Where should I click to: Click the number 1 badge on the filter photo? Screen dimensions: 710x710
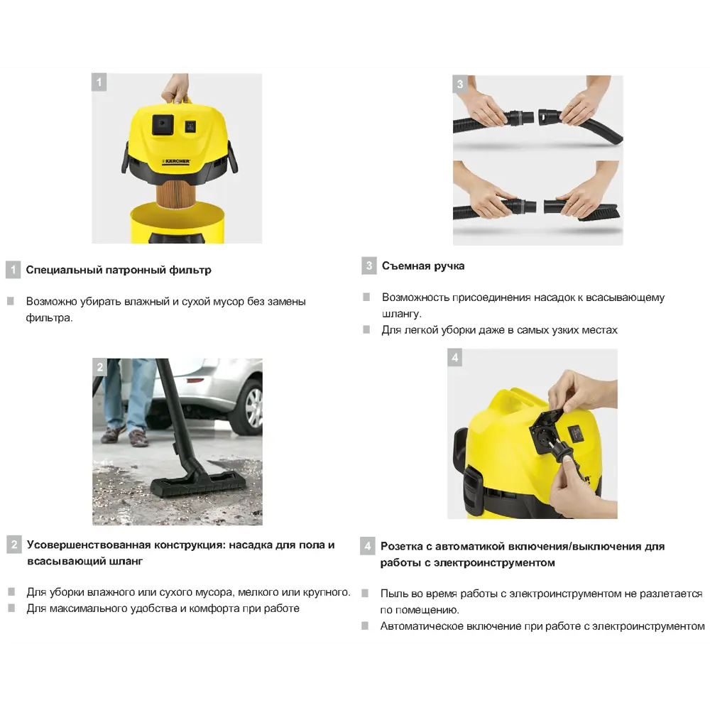coord(99,82)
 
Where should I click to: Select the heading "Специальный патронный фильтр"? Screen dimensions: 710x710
coord(119,270)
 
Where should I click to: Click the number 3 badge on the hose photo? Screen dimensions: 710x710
coord(460,84)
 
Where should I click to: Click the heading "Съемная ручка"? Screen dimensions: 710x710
coord(423,266)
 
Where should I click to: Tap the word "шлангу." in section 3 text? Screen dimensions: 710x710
coord(402,314)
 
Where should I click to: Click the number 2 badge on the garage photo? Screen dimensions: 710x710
coord(99,367)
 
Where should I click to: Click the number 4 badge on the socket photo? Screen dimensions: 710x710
coord(455,358)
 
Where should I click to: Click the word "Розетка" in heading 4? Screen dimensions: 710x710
coord(404,546)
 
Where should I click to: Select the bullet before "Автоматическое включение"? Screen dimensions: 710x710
coord(365,626)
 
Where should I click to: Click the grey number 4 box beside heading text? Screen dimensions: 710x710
coord(367,546)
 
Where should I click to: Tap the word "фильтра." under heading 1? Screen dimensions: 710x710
coord(50,317)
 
